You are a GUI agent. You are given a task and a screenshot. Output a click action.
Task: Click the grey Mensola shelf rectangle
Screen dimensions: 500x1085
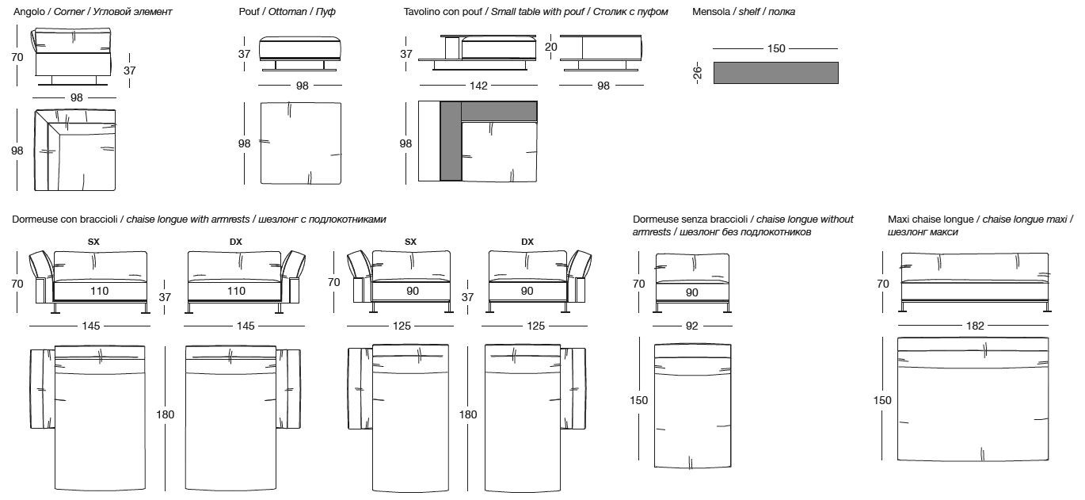[775, 73]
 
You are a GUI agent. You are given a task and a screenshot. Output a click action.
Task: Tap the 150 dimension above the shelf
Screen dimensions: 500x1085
[776, 49]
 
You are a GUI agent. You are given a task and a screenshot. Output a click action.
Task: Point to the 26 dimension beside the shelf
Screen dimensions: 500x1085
[697, 73]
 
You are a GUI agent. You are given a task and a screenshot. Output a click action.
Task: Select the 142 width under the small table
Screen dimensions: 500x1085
[478, 86]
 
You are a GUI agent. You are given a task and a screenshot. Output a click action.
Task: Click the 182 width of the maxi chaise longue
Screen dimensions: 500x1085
[975, 326]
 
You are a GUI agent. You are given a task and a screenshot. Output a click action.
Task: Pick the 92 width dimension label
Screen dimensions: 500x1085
[691, 326]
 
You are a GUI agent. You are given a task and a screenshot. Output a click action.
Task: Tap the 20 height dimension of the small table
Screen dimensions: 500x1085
[552, 47]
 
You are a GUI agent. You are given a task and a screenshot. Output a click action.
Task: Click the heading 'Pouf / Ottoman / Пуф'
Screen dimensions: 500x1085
[287, 12]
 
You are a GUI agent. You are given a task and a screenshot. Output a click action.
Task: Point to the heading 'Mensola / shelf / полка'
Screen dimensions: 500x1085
[744, 12]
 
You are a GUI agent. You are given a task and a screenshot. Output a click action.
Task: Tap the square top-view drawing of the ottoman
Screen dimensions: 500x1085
[302, 143]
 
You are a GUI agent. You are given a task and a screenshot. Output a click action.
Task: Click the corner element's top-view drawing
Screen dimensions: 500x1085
[75, 150]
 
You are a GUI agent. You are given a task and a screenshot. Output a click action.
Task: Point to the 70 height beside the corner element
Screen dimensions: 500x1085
[17, 57]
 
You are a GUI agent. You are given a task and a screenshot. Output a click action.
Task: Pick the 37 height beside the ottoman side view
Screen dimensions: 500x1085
[244, 54]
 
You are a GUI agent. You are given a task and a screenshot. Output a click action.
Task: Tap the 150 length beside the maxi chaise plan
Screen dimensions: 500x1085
[882, 400]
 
